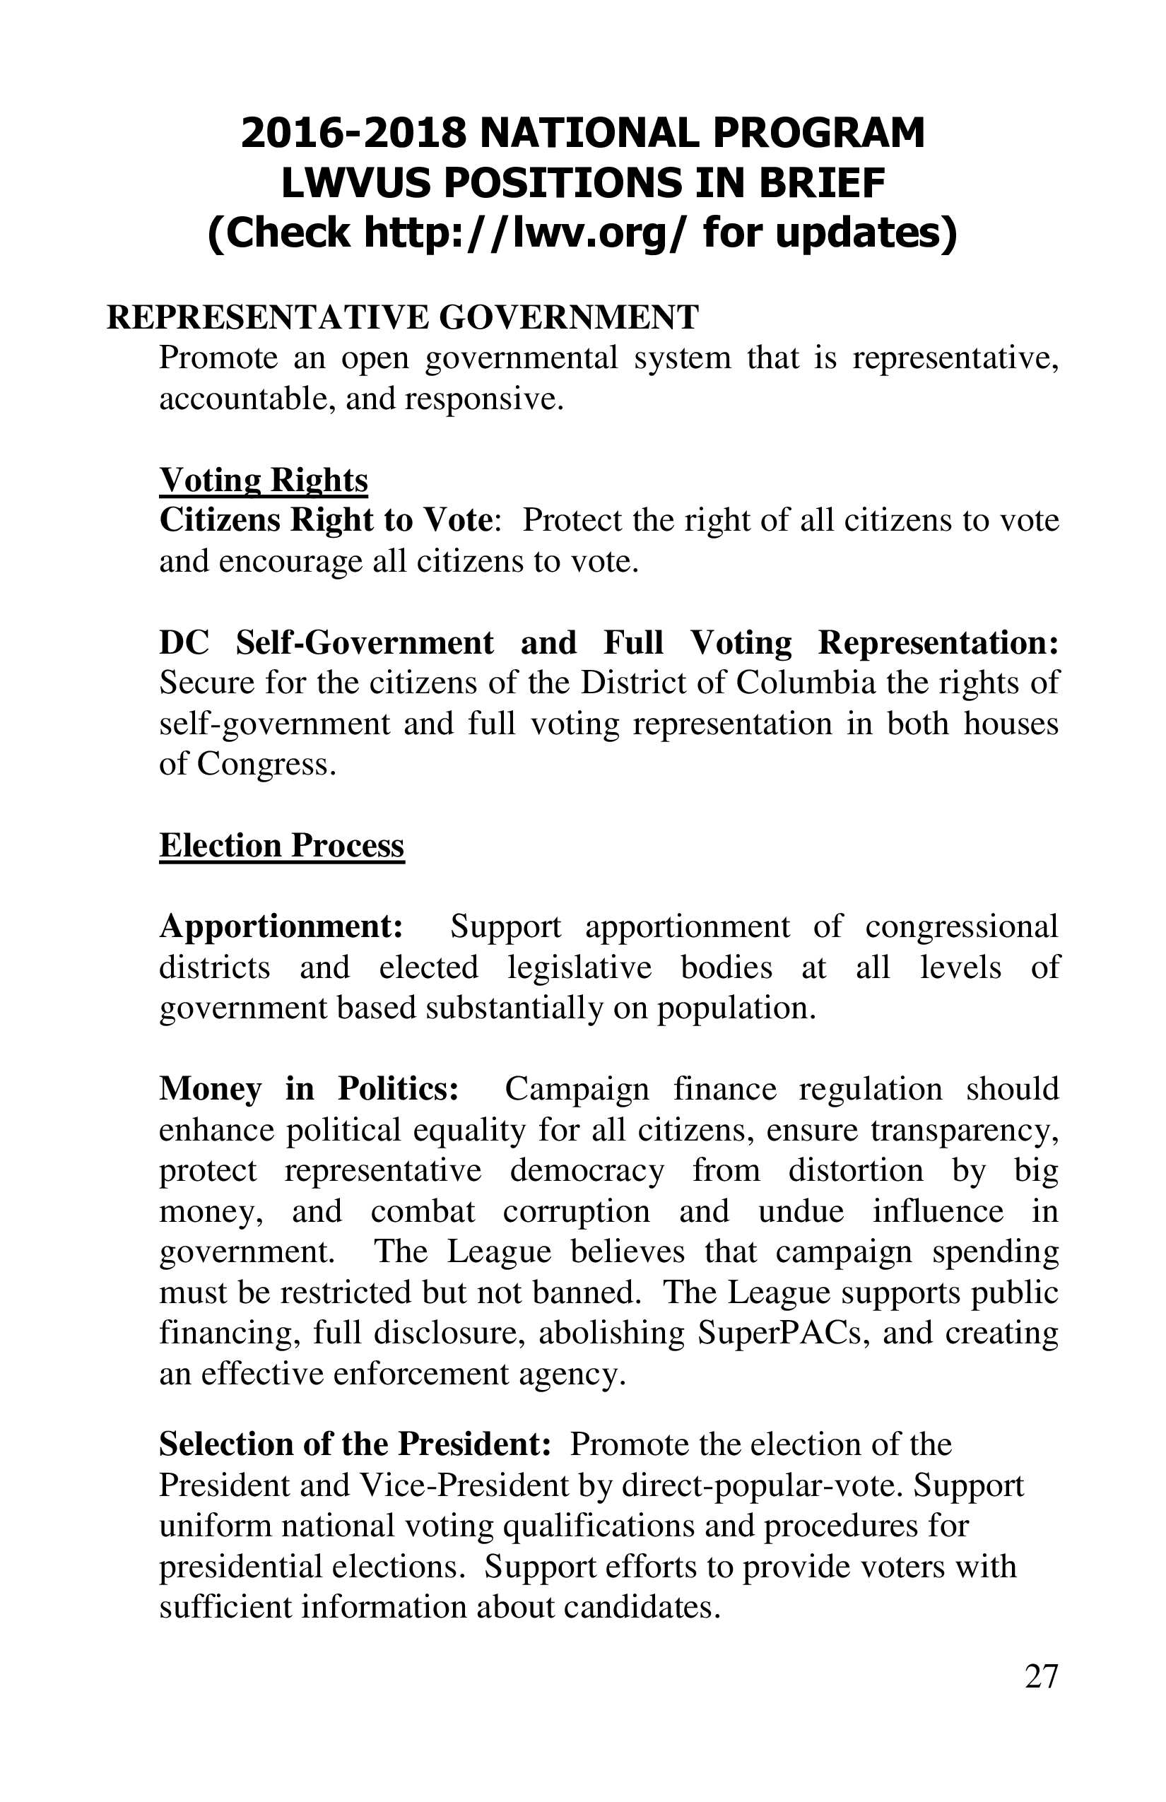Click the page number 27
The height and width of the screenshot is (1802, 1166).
(1041, 1677)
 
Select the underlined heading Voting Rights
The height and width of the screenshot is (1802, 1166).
(264, 480)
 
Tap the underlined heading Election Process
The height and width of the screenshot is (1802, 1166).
(282, 846)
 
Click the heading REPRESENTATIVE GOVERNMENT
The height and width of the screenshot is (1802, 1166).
(402, 317)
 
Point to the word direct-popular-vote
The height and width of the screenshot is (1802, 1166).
(762, 1485)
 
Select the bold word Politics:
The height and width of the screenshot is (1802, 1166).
(399, 1090)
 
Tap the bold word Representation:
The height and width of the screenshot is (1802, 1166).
(938, 643)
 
